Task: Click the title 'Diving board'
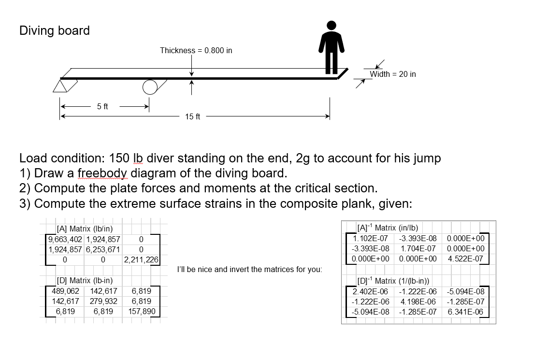[x=55, y=30]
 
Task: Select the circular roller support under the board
[x=150, y=86]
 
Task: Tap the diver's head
[x=331, y=26]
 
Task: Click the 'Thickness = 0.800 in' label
[x=196, y=50]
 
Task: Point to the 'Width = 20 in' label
[x=392, y=74]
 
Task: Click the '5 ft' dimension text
[x=102, y=106]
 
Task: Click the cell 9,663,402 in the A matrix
[x=65, y=239]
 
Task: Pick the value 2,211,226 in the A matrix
[x=141, y=259]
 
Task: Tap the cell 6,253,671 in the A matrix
[x=103, y=249]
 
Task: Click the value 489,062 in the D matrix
[x=65, y=291]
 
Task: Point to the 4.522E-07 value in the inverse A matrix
[x=466, y=259]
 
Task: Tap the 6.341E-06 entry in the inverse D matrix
[x=466, y=312]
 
